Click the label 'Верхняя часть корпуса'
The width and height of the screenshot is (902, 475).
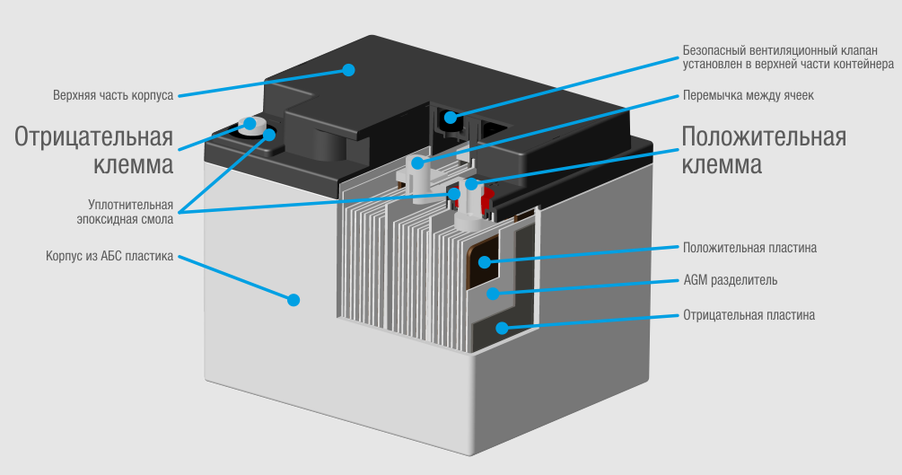pyautogui.click(x=113, y=94)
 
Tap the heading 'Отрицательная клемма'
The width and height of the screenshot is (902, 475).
pyautogui.click(x=94, y=151)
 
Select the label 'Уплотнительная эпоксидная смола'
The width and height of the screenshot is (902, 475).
pyautogui.click(x=124, y=211)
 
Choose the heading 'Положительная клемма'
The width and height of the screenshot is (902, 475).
pyautogui.click(x=764, y=151)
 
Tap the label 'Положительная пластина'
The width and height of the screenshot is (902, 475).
pyautogui.click(x=749, y=247)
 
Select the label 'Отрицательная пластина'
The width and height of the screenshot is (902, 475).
pyautogui.click(x=749, y=315)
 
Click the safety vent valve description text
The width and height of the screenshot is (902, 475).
pyautogui.click(x=786, y=57)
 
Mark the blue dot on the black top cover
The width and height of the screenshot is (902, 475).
pyautogui.click(x=349, y=69)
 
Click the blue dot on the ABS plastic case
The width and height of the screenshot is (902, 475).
pyautogui.click(x=293, y=299)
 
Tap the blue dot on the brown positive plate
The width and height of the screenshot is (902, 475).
pyautogui.click(x=485, y=262)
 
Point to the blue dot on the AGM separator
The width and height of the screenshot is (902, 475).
pyautogui.click(x=490, y=294)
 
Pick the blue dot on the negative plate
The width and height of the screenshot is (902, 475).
pyautogui.click(x=504, y=328)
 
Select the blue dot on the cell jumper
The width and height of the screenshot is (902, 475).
pyautogui.click(x=417, y=163)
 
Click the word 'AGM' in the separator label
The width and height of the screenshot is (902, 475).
pyautogui.click(x=696, y=280)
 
